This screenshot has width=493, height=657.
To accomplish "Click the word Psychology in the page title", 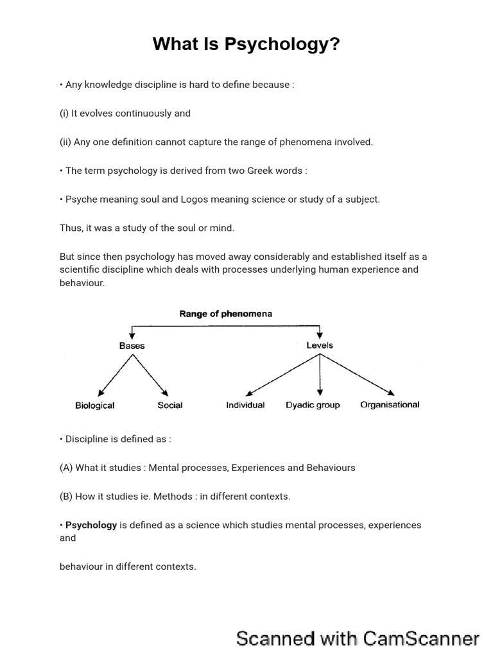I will [282, 45].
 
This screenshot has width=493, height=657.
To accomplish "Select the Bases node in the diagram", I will [132, 346].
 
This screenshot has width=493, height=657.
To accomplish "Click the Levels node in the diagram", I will [320, 345].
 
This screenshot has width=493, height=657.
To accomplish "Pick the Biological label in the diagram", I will [95, 405].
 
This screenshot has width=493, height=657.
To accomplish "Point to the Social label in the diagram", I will [170, 405].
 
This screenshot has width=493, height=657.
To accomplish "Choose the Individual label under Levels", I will [245, 405].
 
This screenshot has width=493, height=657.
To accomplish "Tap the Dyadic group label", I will [313, 405].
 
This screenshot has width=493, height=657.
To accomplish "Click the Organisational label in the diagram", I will [390, 405].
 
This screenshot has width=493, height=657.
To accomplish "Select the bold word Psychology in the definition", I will [91, 525].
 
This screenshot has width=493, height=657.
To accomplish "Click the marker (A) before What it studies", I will [66, 468].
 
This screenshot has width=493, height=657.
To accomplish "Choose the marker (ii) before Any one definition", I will [65, 142].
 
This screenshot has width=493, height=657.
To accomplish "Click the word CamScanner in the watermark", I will [421, 639].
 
